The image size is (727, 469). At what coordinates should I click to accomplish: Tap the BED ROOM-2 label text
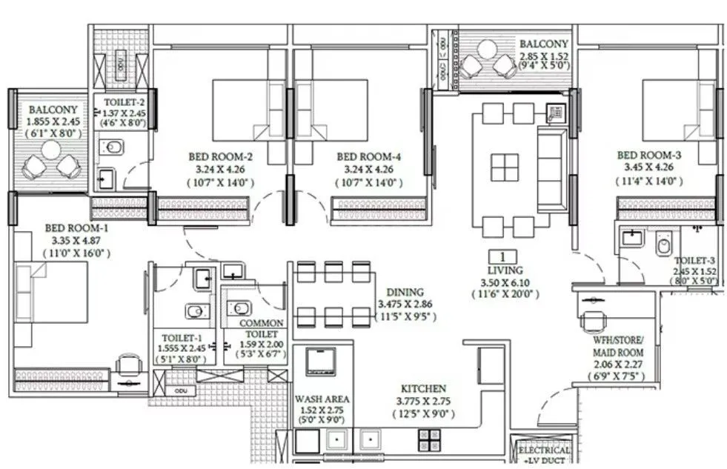(221, 156)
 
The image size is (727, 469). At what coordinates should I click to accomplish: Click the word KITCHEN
(423, 388)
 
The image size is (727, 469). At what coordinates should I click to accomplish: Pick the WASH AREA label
(322, 399)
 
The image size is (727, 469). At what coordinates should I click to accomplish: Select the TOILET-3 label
(694, 261)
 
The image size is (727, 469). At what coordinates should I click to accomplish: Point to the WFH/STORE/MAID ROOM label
(618, 353)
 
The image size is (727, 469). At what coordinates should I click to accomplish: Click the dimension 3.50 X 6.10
(505, 282)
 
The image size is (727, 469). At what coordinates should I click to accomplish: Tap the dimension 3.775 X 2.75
(423, 401)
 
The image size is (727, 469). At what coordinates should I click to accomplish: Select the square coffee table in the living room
(505, 167)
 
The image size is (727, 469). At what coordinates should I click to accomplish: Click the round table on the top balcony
(487, 50)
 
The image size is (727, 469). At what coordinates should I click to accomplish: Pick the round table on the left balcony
(50, 150)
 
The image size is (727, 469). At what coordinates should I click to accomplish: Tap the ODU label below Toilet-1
(180, 390)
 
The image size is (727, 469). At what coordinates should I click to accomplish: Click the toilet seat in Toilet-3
(663, 243)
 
